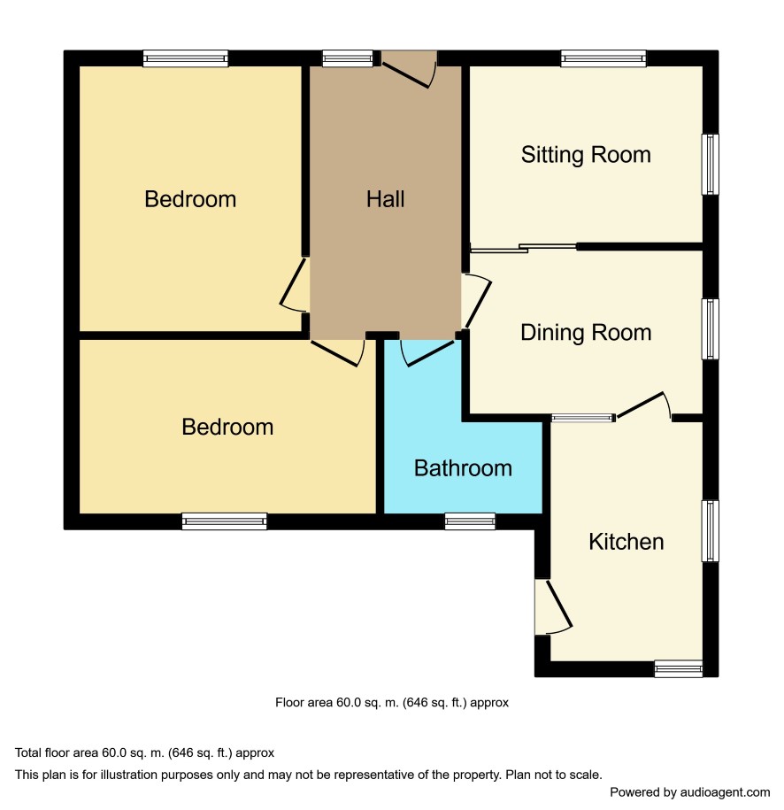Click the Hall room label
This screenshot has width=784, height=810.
coord(385,199)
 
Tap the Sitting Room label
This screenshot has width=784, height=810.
coord(586,155)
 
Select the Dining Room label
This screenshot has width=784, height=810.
coord(586,333)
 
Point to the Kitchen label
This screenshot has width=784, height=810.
coord(626,542)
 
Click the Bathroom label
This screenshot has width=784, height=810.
coord(463,468)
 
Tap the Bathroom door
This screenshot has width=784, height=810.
coord(427,353)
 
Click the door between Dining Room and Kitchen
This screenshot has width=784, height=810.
coord(644,405)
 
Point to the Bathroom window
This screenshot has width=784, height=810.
coord(470,521)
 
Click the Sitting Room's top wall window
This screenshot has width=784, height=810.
coord(603,58)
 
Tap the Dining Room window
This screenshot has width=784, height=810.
coord(711,329)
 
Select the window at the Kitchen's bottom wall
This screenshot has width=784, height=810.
coord(679,668)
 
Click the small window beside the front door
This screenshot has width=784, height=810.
coord(348,58)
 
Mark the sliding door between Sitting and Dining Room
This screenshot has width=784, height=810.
coord(523,248)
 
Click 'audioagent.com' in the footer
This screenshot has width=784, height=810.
coord(725,792)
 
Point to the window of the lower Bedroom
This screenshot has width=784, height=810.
coord(225,521)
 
